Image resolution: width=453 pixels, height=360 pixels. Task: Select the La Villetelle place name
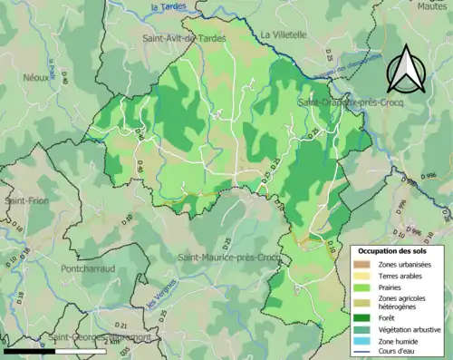pyautogui.click(x=284, y=35)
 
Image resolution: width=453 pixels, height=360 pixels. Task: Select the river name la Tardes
pyautogui.click(x=169, y=8)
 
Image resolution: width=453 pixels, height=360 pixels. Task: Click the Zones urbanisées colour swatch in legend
pyautogui.click(x=362, y=264)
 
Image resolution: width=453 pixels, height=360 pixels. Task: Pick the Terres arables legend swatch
pyautogui.click(x=362, y=277)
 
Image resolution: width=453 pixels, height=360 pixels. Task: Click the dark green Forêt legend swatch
pyautogui.click(x=362, y=318)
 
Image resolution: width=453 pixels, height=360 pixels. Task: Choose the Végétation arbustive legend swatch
pyautogui.click(x=362, y=330)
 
